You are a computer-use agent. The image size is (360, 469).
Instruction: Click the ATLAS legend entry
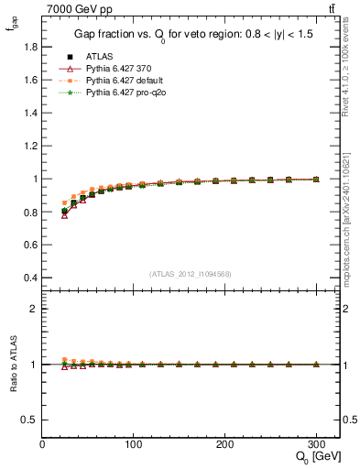[100, 56]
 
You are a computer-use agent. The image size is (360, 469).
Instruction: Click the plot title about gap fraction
[191, 36]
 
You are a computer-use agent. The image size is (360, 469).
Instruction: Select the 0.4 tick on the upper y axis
[32, 278]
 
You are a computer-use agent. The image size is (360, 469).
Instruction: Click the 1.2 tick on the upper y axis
[32, 145]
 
